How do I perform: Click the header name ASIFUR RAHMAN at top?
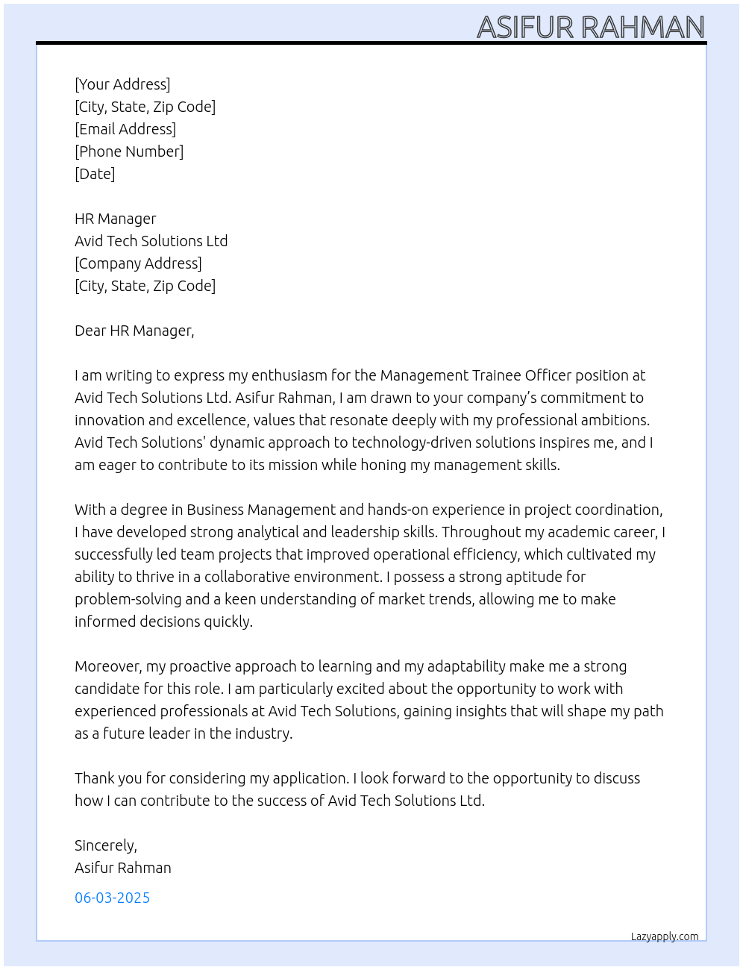pos(590,28)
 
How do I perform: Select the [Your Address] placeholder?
pos(122,84)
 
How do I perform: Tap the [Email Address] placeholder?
pos(125,129)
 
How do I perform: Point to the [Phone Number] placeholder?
pos(129,151)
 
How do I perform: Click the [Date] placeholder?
pos(95,174)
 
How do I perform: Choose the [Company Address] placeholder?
pos(138,263)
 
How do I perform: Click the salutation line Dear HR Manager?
pos(134,331)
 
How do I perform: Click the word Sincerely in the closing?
pos(105,845)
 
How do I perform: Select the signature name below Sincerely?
pos(123,868)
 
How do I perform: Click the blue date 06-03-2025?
pos(112,898)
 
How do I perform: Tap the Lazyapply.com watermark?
pos(665,936)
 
